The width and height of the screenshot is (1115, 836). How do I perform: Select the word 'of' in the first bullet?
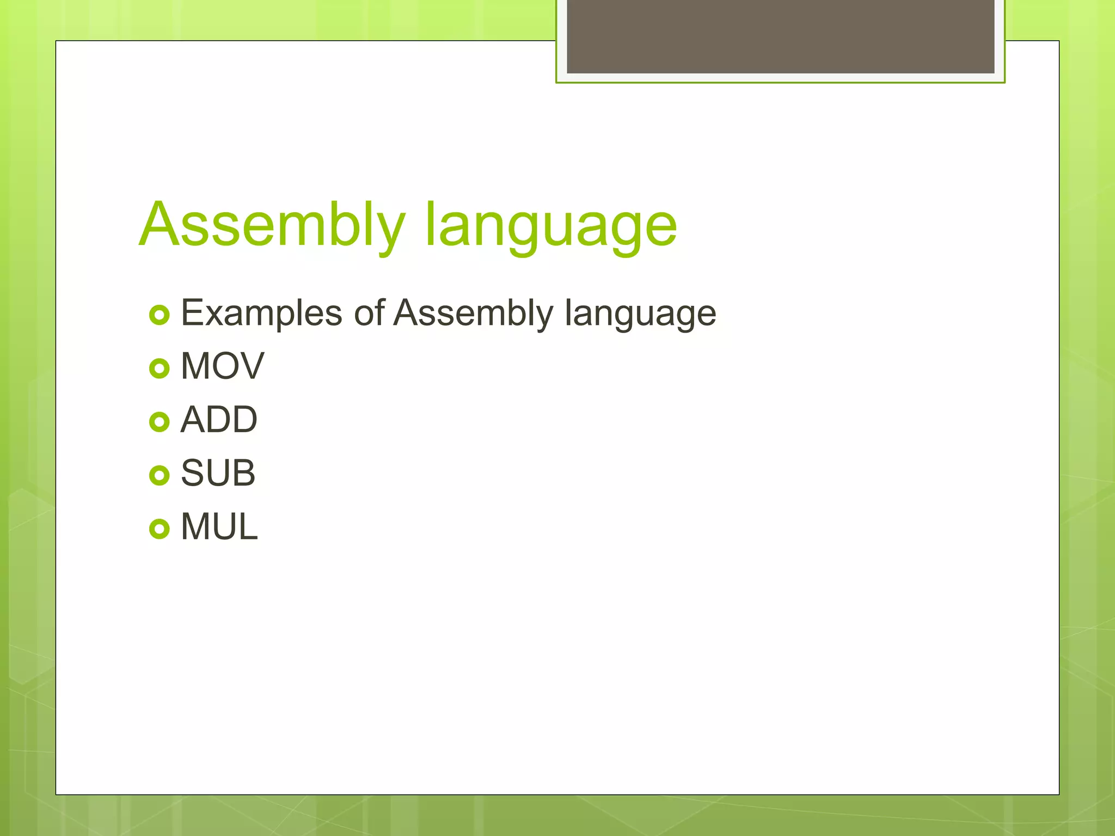coord(369,313)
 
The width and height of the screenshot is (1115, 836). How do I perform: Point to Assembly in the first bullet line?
coord(473,313)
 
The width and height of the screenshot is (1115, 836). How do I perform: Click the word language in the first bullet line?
coord(640,315)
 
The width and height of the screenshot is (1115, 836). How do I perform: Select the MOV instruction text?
coord(222,366)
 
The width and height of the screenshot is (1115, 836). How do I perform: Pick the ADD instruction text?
coord(218,420)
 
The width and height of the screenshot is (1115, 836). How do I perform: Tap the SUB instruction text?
coord(218,473)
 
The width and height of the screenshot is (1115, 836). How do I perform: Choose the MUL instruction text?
coord(219,527)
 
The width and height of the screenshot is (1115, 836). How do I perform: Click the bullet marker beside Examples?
coord(160,315)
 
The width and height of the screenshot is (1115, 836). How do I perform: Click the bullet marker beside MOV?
coord(160,368)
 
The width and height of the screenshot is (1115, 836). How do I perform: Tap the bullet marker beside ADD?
coord(160,422)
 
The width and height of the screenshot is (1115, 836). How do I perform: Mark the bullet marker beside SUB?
coord(160,475)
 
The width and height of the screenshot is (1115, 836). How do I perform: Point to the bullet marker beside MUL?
coord(160,528)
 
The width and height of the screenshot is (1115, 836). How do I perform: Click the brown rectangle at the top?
coord(780,36)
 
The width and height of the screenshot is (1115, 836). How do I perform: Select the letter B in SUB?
coord(243,473)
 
